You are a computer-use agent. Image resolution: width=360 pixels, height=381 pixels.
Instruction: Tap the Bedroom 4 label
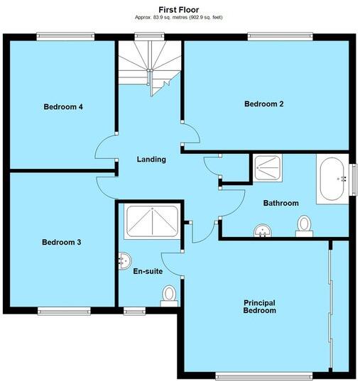[x=63, y=107]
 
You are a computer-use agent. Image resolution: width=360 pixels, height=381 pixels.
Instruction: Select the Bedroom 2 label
[x=264, y=104]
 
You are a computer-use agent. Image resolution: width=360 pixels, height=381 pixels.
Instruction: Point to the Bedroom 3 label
[x=61, y=243]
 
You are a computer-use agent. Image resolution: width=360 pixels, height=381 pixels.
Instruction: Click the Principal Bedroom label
[x=259, y=307]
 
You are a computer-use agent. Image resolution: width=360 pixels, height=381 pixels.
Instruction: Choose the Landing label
[x=151, y=160]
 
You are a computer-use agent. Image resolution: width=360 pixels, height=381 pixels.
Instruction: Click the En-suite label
[x=148, y=270]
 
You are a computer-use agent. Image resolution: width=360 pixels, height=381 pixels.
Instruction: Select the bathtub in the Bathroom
[x=331, y=180]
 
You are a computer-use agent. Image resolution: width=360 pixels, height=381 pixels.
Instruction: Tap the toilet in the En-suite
[x=169, y=294]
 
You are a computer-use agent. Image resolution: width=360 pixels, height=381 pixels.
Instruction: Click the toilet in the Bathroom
[x=305, y=225]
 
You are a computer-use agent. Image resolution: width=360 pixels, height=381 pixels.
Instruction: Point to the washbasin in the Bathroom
[x=263, y=230]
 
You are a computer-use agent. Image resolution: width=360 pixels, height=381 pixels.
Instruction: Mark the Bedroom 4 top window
[x=65, y=35]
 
